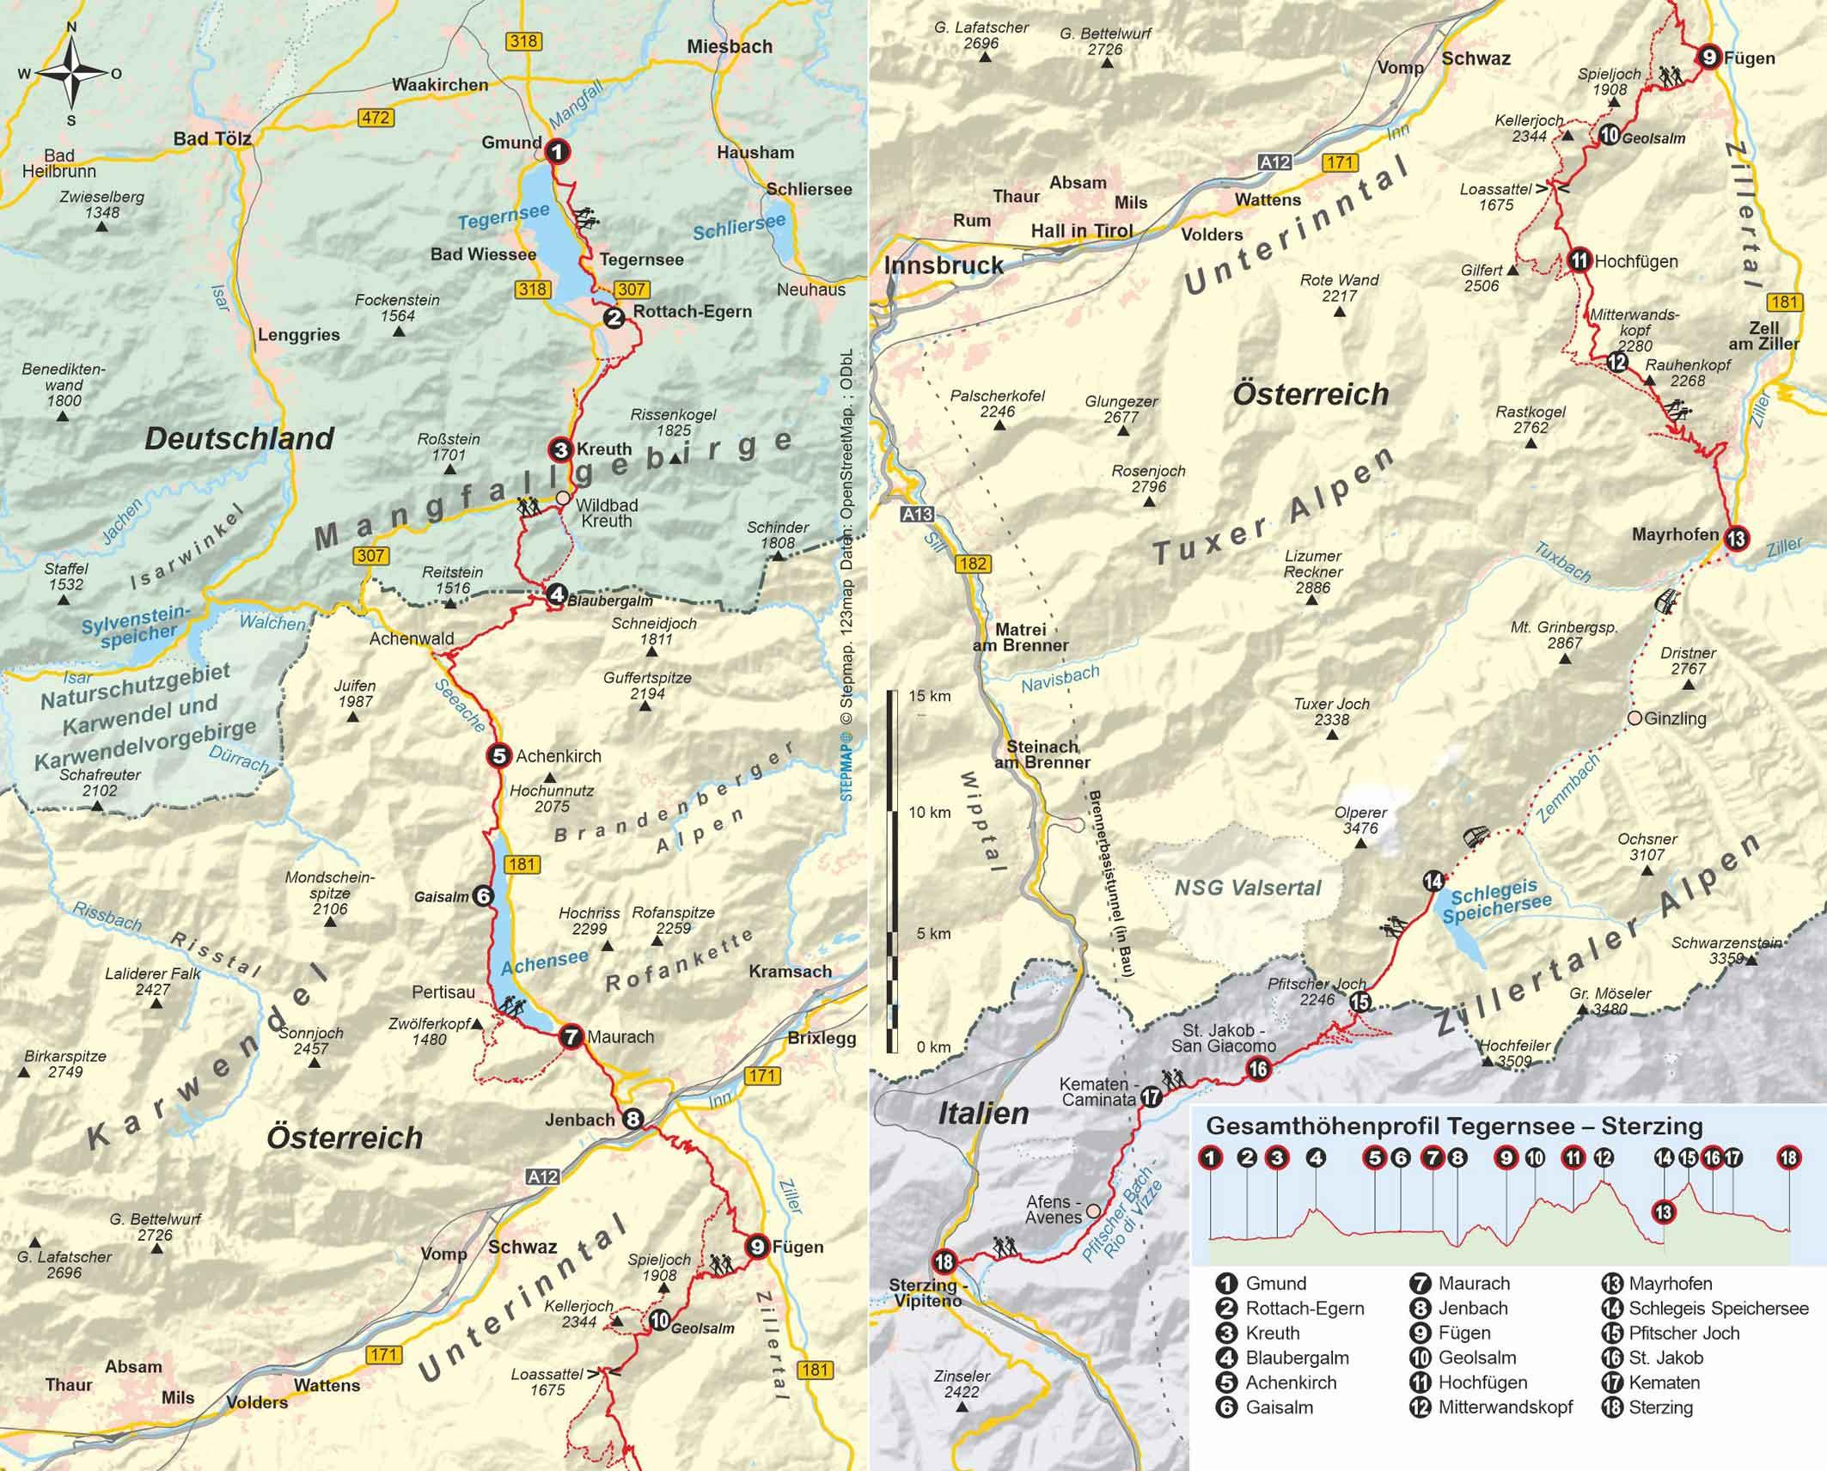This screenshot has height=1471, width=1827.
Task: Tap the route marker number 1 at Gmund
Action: (x=558, y=152)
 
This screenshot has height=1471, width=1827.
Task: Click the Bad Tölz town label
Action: (x=211, y=138)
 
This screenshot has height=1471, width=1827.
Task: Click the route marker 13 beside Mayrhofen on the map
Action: (x=1736, y=539)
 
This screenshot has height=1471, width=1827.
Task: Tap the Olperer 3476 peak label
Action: (x=1360, y=820)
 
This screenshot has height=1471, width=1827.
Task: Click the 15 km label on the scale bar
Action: (x=929, y=696)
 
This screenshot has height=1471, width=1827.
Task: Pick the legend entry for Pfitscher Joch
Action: (x=1683, y=1333)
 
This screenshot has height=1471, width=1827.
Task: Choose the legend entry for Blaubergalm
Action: (x=1297, y=1358)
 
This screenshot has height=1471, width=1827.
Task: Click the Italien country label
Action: (x=983, y=1114)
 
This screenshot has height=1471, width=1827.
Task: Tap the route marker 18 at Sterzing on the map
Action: (x=944, y=1261)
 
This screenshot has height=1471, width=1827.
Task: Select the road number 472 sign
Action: (x=376, y=118)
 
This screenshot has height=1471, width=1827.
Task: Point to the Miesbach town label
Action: (x=729, y=46)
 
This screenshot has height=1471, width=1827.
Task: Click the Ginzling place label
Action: (x=1674, y=718)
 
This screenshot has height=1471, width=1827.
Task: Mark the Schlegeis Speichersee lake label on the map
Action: (x=1497, y=905)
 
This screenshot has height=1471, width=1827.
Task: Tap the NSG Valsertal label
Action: (x=1247, y=888)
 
